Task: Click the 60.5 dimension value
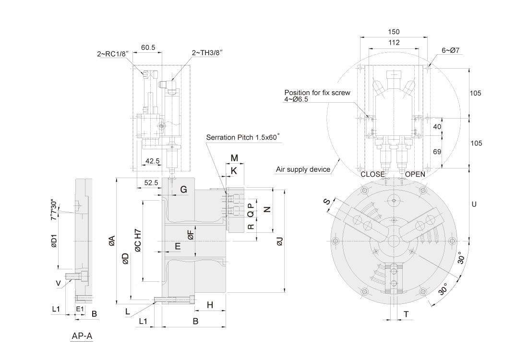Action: (x=148, y=48)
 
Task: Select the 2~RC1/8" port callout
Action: (x=113, y=55)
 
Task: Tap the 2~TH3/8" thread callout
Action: (x=208, y=52)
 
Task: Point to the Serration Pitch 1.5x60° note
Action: (x=243, y=137)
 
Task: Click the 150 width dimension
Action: (x=393, y=32)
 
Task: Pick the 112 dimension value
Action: (x=393, y=43)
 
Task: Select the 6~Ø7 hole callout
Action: (x=451, y=50)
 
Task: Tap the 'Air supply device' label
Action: (x=303, y=169)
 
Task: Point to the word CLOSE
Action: (x=372, y=174)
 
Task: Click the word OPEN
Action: (x=415, y=174)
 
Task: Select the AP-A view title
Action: (x=82, y=336)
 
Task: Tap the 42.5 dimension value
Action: (x=153, y=161)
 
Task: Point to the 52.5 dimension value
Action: (x=150, y=182)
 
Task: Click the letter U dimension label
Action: (x=474, y=204)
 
